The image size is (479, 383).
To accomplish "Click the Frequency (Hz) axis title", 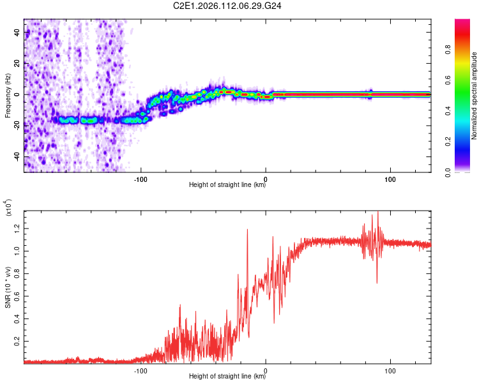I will [8, 96].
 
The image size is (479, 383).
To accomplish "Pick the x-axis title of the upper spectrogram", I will [227, 185].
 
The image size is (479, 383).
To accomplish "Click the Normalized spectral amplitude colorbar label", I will [475, 96].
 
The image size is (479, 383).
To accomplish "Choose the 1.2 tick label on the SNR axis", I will [18, 228].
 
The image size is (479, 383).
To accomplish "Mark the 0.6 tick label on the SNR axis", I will [18, 296].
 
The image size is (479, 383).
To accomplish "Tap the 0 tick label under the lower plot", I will [266, 370].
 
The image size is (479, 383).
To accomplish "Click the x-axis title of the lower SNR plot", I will [227, 377].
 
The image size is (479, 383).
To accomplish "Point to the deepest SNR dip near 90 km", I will [377, 283].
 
